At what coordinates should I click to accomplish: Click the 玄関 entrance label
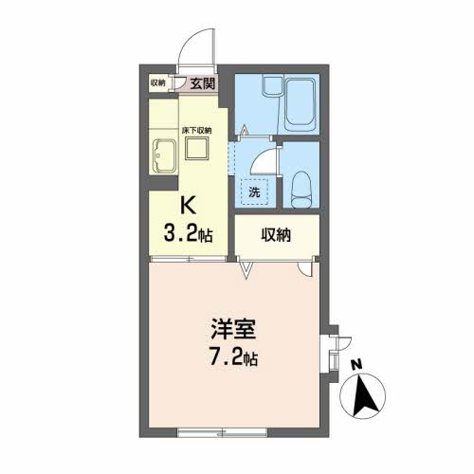click(x=202, y=83)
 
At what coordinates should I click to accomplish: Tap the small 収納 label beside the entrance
click(x=157, y=83)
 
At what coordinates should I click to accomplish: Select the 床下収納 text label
click(x=196, y=130)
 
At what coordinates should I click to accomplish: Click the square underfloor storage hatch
click(x=196, y=149)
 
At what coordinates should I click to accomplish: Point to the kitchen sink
click(x=164, y=156)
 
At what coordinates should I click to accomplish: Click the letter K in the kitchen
click(x=188, y=206)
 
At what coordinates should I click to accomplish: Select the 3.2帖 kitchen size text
click(x=188, y=234)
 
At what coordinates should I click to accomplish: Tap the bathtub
click(x=301, y=104)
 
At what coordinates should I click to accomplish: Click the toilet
click(x=300, y=189)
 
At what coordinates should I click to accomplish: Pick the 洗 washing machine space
click(x=254, y=191)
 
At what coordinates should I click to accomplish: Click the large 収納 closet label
click(x=276, y=235)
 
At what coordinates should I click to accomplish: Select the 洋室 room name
click(x=234, y=329)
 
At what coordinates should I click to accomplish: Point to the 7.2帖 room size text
click(x=234, y=357)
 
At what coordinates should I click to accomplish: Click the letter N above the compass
click(x=357, y=365)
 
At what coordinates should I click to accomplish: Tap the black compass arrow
click(x=363, y=395)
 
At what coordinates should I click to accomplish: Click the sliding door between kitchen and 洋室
click(x=189, y=259)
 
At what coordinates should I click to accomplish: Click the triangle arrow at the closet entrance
click(x=246, y=269)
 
